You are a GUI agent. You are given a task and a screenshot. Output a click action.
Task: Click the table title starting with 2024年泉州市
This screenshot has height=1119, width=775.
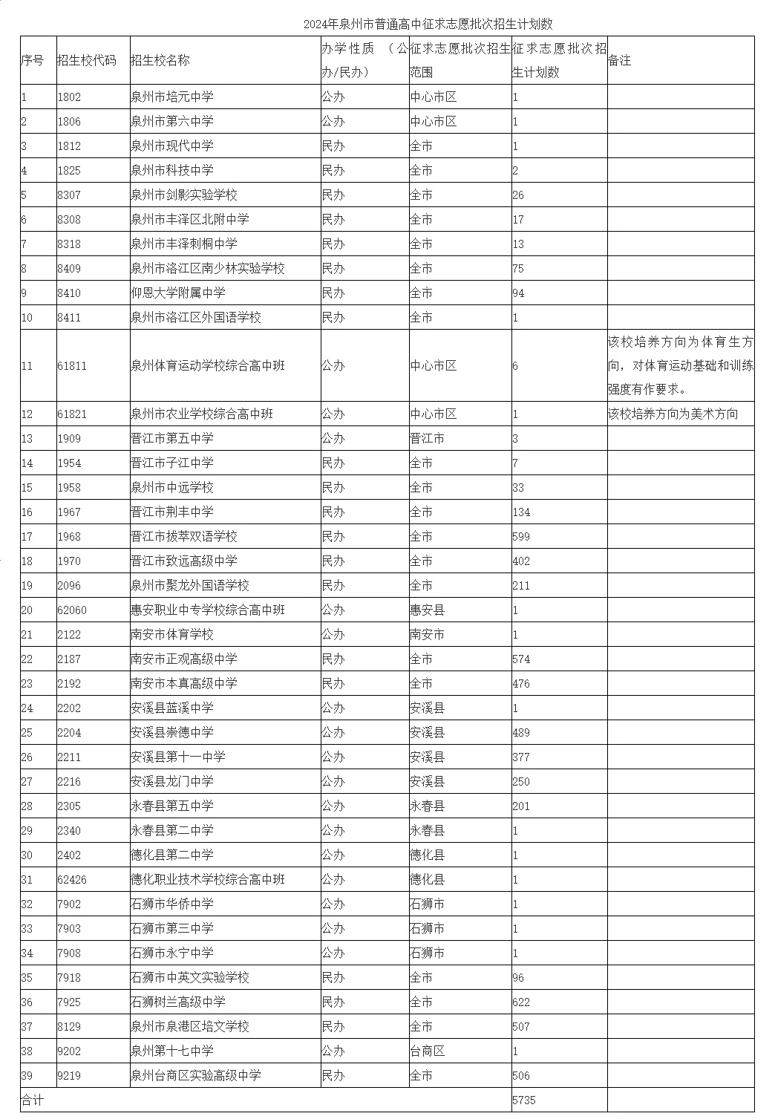428,25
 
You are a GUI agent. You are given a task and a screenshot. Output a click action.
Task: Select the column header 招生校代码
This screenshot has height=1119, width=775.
87,61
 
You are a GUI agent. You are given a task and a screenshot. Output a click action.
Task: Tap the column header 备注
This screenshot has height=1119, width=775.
619,61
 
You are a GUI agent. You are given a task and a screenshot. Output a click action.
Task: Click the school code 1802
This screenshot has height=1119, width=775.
69,97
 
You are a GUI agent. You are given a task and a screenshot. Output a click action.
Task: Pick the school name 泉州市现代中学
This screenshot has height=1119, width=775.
172,146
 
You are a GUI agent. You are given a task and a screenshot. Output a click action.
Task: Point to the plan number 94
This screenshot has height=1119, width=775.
518,293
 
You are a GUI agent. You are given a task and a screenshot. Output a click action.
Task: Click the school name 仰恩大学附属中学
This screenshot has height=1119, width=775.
178,293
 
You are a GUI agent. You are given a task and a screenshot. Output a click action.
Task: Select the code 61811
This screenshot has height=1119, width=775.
72,366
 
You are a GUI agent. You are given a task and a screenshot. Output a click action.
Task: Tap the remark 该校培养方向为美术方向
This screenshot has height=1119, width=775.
673,414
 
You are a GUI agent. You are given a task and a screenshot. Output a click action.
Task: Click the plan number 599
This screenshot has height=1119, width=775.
521,537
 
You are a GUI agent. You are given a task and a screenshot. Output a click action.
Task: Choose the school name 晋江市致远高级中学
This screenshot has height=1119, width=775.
184,561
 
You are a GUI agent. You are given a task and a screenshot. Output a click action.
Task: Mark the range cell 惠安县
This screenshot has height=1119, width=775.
427,610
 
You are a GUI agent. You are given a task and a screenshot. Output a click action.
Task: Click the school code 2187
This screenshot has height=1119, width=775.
69,659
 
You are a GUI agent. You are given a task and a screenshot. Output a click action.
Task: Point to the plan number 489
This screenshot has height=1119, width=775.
521,733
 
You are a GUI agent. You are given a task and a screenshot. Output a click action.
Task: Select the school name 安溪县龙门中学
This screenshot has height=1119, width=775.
172,782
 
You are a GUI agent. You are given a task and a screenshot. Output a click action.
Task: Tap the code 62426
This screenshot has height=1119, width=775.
72,880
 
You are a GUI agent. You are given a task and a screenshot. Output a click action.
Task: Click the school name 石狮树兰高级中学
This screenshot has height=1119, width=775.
178,1002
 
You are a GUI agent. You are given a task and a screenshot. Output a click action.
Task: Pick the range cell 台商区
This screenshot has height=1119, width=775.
427,1051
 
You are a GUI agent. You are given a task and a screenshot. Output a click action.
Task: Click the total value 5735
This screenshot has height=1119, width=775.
524,1100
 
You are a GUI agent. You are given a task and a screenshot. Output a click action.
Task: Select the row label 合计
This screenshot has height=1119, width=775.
32,1100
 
